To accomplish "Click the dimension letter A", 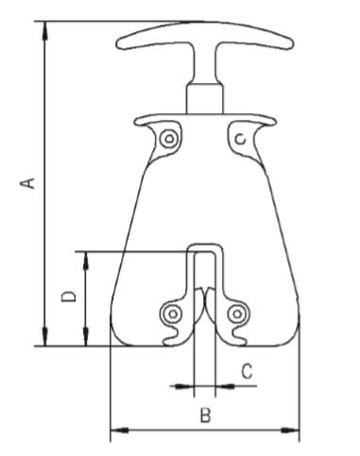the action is click(x=27, y=183).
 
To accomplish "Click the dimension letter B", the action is click(x=205, y=414).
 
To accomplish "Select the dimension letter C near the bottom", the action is click(x=248, y=371).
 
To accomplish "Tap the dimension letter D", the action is click(x=69, y=296).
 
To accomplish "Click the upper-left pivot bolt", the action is click(x=169, y=139).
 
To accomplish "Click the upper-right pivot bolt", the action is click(x=241, y=139).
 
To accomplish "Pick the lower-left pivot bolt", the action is click(x=173, y=313).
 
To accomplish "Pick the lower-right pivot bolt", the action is click(x=237, y=313).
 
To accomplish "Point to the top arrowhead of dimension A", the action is click(x=45, y=30).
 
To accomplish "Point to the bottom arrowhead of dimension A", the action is click(x=45, y=337).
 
